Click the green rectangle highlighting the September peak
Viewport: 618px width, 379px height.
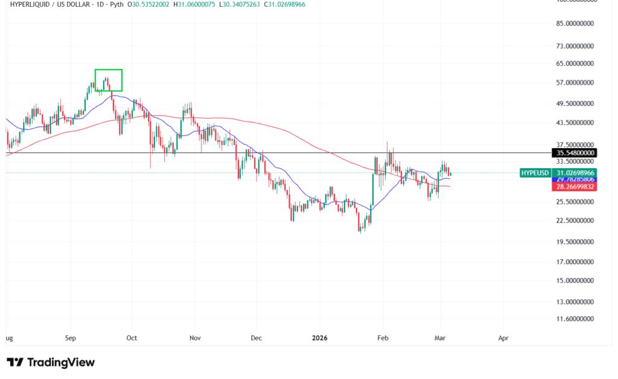pos(109,80)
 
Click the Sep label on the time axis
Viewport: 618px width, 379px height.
pos(71,339)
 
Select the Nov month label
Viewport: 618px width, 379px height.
pos(194,339)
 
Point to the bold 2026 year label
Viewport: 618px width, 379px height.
pos(320,339)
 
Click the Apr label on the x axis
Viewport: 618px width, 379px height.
pos(503,339)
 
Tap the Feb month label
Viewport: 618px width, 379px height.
pos(381,339)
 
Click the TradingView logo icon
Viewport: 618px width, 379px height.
pos(15,363)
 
